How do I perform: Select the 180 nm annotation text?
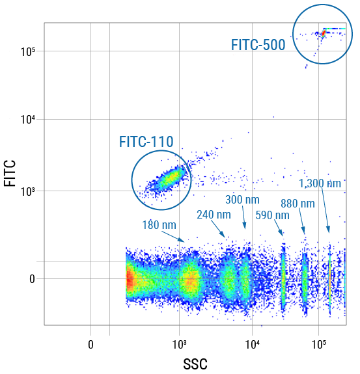159,225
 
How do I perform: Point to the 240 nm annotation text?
214,215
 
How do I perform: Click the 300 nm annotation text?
242,199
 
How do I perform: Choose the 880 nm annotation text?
298,203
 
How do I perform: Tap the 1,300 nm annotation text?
320,183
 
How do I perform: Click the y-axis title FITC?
10,174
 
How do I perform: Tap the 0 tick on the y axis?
33,279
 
